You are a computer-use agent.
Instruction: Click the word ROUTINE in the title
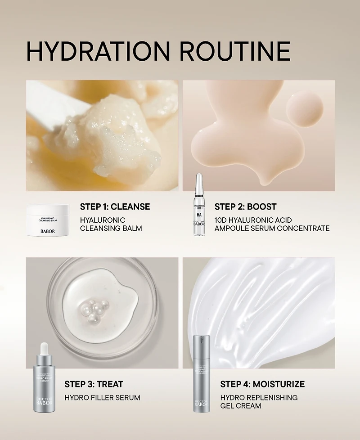[234, 50]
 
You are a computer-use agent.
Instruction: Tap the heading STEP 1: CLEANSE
[115, 207]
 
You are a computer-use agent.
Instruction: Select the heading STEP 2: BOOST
[245, 207]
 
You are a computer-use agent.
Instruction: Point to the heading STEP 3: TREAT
[94, 384]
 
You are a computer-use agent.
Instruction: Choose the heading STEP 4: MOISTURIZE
[262, 384]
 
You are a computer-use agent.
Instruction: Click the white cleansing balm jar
[48, 221]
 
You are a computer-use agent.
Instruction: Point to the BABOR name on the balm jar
[48, 231]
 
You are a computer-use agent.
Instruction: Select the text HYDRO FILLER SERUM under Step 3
[102, 398]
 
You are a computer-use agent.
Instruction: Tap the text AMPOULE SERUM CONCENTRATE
[272, 229]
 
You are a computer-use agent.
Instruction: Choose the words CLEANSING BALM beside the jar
[111, 229]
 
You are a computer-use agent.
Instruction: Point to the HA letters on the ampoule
[198, 215]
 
